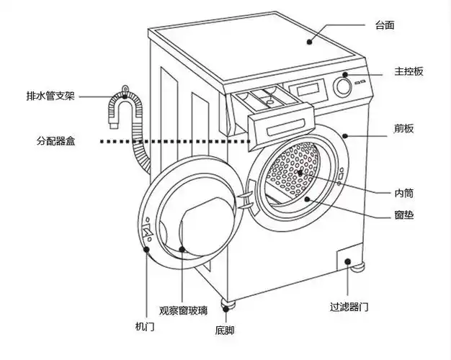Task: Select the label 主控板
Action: (x=408, y=71)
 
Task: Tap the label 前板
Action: (x=403, y=129)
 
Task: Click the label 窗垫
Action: (x=403, y=215)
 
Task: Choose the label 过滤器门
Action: (x=349, y=307)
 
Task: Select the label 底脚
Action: (x=224, y=330)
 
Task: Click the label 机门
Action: (x=145, y=327)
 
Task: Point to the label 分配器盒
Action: (x=55, y=141)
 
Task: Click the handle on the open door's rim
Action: (x=148, y=233)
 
